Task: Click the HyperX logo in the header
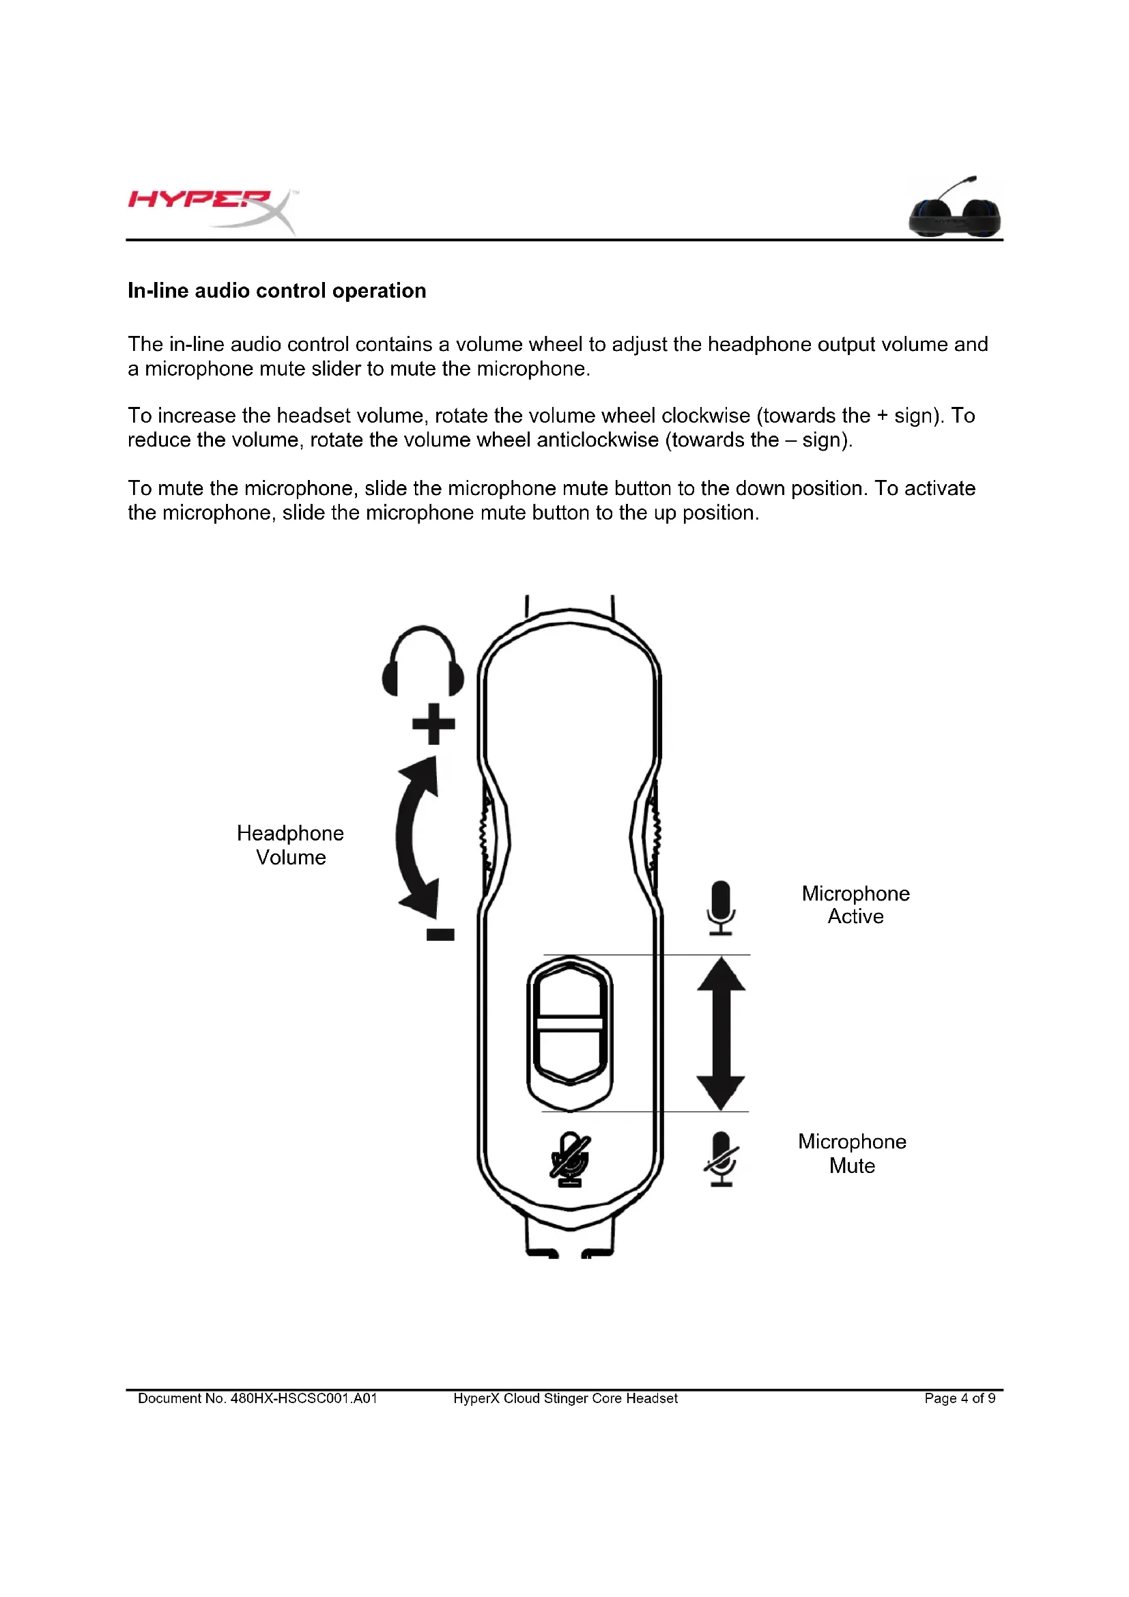click(x=212, y=209)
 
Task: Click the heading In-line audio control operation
click(x=276, y=291)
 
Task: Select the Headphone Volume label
click(x=291, y=845)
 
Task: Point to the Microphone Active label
click(x=855, y=905)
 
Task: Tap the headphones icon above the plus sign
click(x=423, y=662)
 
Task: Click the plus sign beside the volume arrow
click(x=434, y=724)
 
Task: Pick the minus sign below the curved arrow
click(x=440, y=935)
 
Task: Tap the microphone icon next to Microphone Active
click(x=721, y=907)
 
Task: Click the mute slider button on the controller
click(x=570, y=1023)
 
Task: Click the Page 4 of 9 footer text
click(x=959, y=1398)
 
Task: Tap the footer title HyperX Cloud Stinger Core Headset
click(x=565, y=1398)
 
